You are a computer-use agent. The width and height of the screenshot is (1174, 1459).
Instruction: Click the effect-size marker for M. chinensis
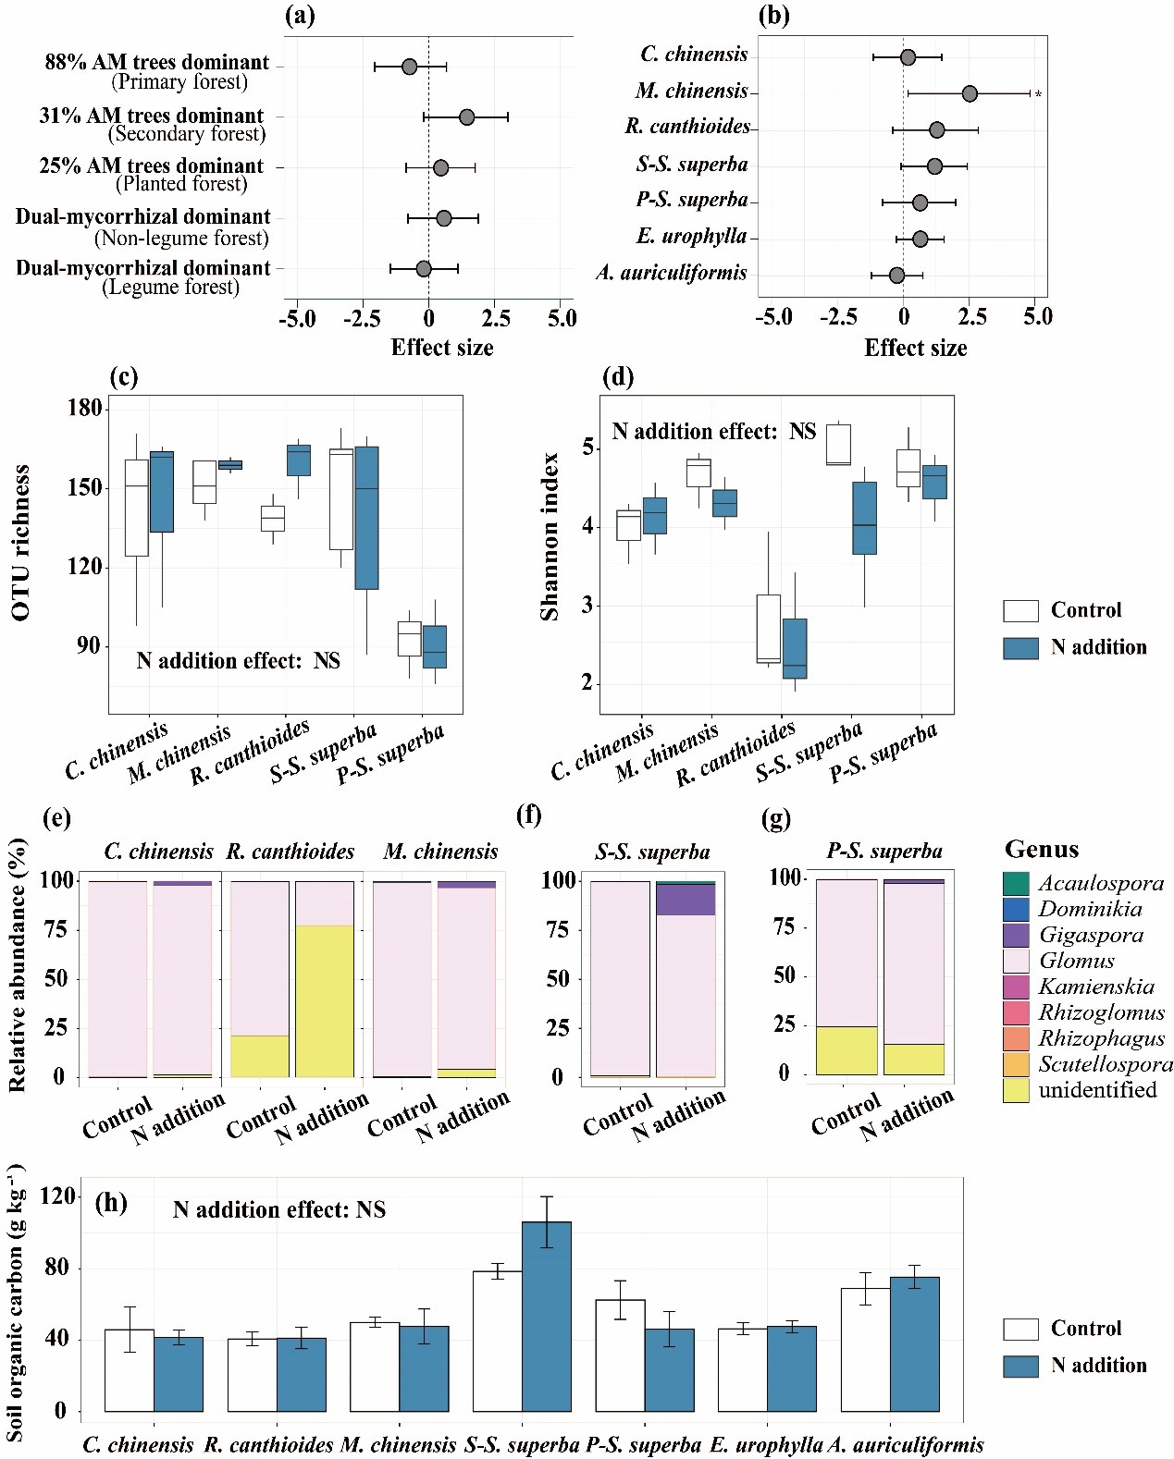[x=969, y=93]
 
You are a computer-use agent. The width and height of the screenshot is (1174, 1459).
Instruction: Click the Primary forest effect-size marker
[x=409, y=67]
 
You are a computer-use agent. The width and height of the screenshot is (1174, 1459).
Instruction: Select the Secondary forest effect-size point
[x=466, y=116]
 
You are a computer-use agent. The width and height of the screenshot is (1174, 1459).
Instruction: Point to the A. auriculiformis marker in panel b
[x=896, y=275]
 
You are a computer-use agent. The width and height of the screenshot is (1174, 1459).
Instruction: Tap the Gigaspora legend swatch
[x=1016, y=936]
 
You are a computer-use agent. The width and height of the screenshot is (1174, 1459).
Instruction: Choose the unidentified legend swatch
[x=1016, y=1091]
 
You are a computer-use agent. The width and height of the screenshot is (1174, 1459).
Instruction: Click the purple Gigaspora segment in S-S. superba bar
[x=686, y=900]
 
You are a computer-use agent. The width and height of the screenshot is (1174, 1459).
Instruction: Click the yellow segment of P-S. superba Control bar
[x=847, y=1050]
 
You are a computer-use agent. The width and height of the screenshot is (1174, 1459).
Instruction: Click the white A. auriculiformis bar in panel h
[x=865, y=1349]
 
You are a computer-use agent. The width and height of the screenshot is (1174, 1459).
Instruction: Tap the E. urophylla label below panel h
[x=766, y=1444]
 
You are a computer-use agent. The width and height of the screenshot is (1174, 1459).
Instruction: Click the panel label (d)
[x=617, y=377]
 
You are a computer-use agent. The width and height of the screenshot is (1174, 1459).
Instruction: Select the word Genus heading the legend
[x=1042, y=849]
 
